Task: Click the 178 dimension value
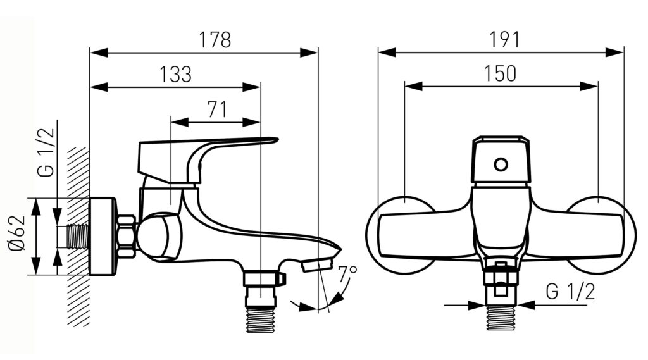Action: coord(215,40)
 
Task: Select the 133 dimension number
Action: coord(176,75)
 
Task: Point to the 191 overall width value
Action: coord(504,40)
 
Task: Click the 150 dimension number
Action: coord(500,73)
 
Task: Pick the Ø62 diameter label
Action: coord(17,233)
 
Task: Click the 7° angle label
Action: coord(347,273)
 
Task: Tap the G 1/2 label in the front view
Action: coord(570,292)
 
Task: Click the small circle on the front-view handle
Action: coord(501,165)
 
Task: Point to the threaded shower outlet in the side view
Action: coord(261,320)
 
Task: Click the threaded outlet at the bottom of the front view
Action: coord(501,318)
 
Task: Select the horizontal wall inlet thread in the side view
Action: coord(78,237)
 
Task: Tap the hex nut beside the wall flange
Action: coord(127,237)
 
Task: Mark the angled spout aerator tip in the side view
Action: coord(316,264)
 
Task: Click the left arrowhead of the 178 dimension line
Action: coord(99,53)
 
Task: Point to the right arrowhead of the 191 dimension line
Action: coord(614,53)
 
